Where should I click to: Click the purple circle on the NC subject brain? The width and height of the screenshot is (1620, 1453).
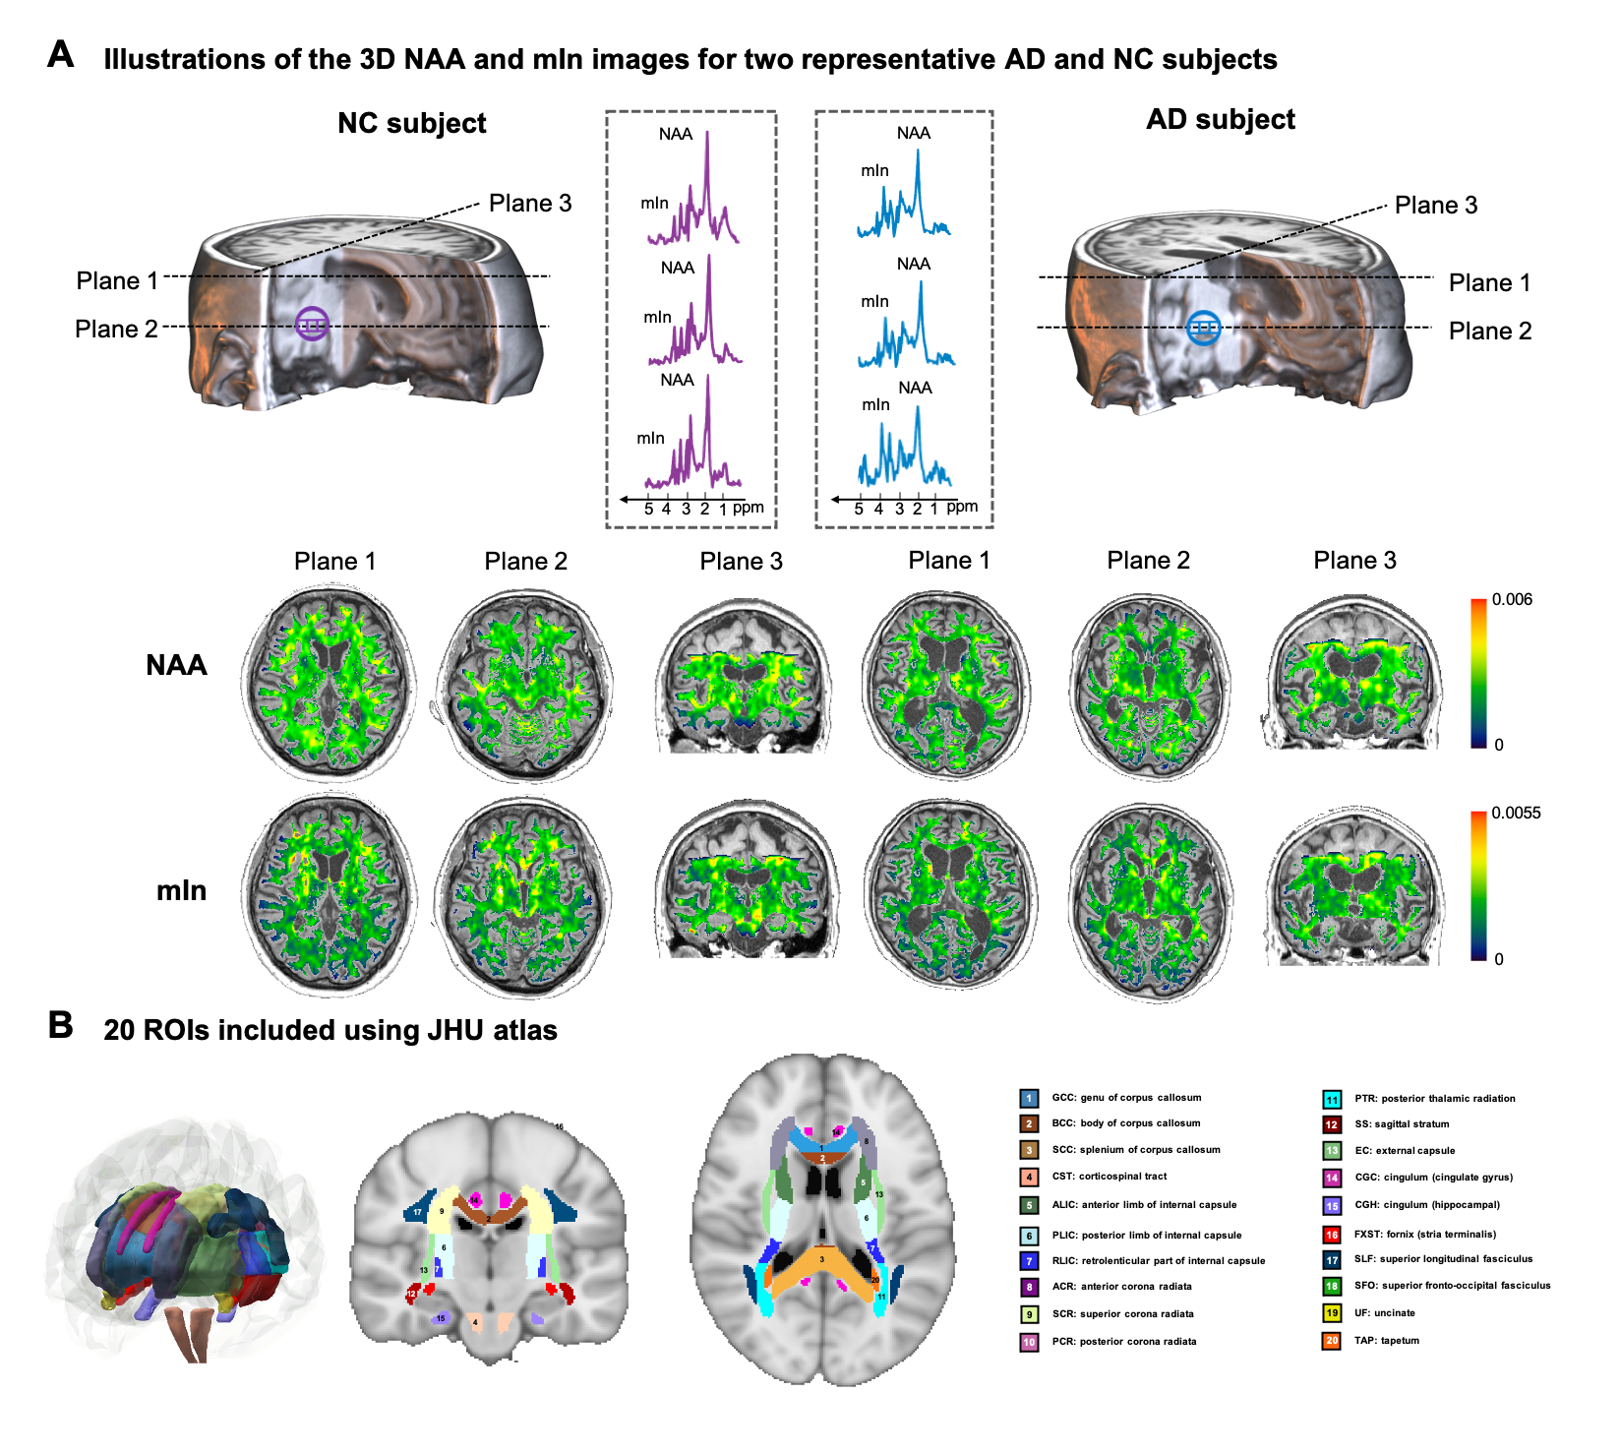(312, 324)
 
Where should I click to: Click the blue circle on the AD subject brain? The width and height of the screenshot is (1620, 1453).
(1203, 328)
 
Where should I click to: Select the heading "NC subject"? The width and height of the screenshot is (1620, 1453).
(411, 123)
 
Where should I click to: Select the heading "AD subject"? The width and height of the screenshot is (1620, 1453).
(1221, 119)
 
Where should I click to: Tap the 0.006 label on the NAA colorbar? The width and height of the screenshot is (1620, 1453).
(1512, 599)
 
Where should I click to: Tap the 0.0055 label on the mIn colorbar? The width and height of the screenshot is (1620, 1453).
(1516, 813)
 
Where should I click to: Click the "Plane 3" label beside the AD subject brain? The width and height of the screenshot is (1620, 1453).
(1436, 205)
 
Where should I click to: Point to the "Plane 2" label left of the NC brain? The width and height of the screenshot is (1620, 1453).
(116, 329)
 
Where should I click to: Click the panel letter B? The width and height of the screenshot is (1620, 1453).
(61, 1026)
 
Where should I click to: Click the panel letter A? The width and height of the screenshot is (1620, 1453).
(61, 55)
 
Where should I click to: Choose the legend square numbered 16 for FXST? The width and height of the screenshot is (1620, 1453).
(1332, 1234)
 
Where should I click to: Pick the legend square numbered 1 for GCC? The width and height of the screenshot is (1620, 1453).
(1029, 1098)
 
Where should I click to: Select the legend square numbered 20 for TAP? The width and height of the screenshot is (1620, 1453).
(1332, 1340)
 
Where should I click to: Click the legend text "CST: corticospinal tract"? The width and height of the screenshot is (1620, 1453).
(1110, 1176)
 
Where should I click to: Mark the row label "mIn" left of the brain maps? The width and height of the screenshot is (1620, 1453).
(182, 890)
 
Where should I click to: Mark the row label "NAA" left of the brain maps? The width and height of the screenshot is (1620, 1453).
(177, 665)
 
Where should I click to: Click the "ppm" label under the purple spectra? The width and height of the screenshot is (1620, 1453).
(749, 508)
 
